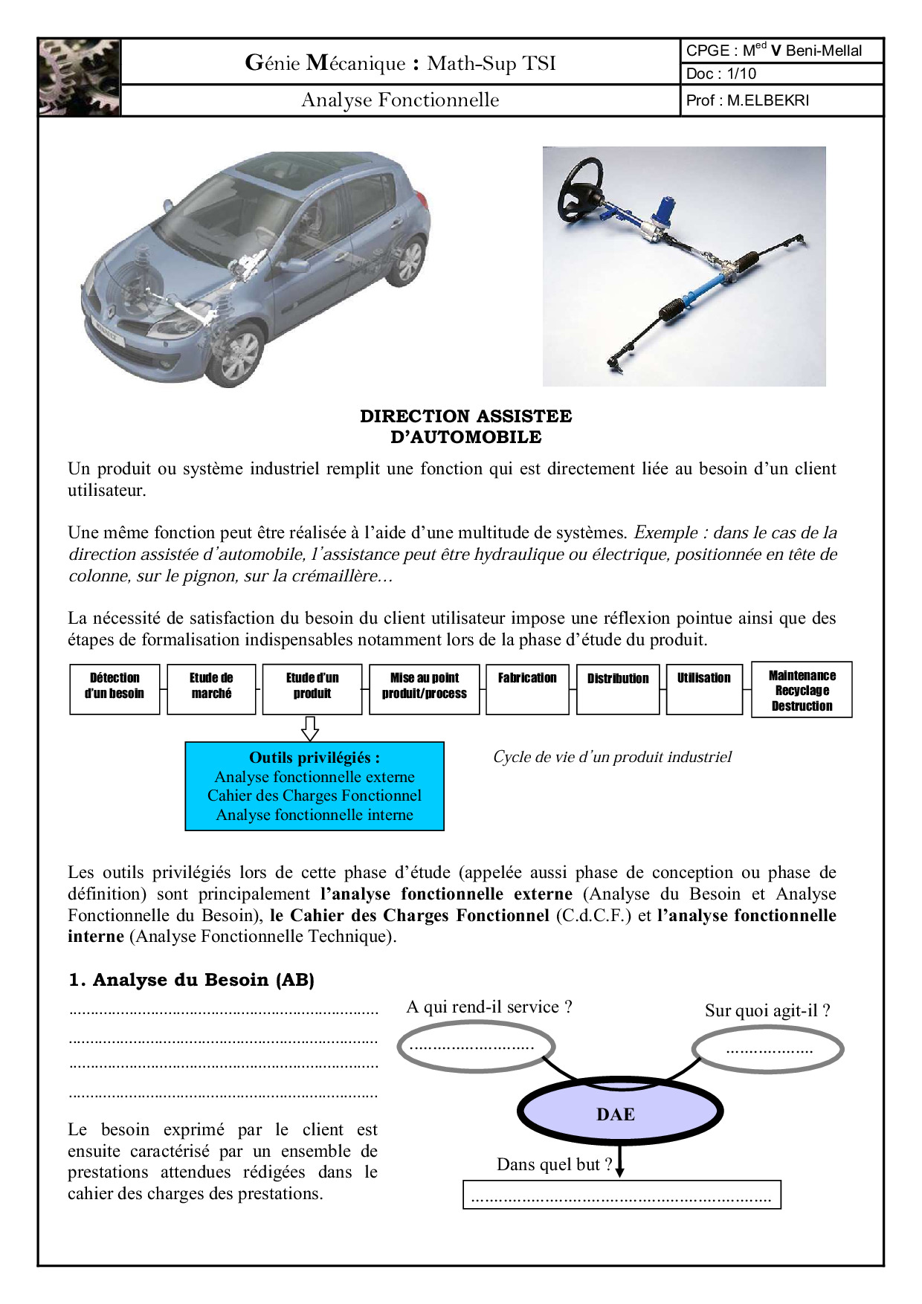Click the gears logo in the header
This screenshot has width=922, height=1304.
[79, 77]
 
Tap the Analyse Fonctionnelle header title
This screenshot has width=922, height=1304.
[400, 100]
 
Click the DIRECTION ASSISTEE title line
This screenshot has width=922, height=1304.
[465, 416]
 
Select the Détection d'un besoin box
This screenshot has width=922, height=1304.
[115, 689]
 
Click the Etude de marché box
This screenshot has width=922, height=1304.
[211, 689]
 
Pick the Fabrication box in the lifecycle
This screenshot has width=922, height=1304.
[527, 689]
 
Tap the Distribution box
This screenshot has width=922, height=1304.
[618, 689]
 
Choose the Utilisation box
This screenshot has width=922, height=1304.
[703, 689]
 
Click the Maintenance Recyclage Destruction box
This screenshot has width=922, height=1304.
[802, 690]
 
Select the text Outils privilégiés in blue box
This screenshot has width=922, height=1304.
[314, 758]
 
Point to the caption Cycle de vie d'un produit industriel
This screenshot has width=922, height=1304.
[612, 757]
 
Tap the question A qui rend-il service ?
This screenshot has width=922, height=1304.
[489, 1007]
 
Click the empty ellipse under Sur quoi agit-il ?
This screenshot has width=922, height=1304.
[768, 1050]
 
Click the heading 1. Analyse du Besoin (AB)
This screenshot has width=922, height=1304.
[191, 980]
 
